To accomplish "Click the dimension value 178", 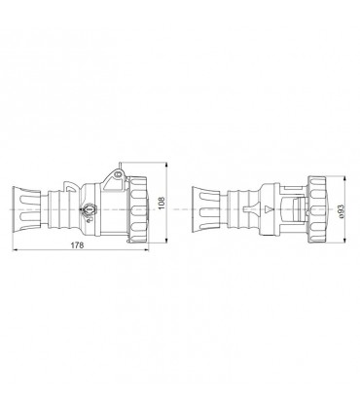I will pos(79,244).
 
